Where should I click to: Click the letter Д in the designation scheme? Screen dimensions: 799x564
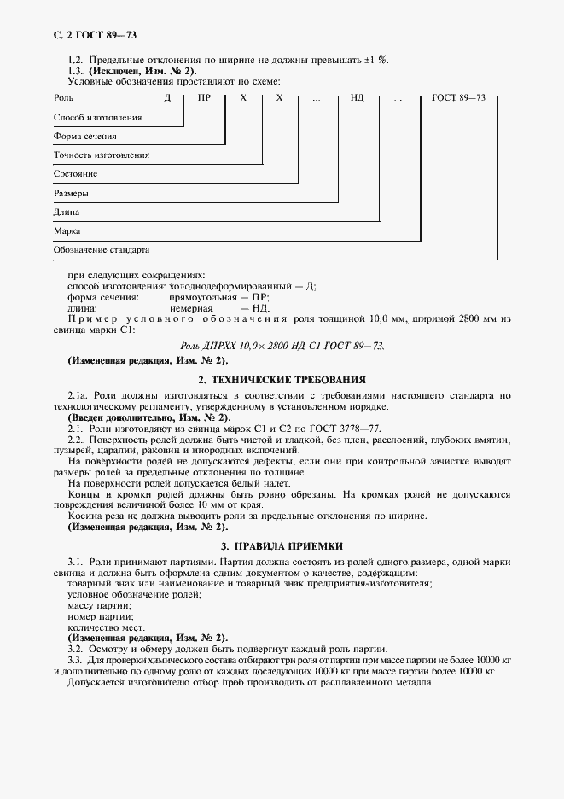coord(169,98)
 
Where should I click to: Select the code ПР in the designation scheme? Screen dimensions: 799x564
coord(204,98)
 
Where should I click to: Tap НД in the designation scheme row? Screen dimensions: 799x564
coord(357,98)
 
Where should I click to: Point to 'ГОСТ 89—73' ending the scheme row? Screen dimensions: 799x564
coord(459,98)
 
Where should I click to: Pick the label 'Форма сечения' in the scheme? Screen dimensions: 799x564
coord(84,137)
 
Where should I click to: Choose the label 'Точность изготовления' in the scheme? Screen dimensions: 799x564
coord(101,155)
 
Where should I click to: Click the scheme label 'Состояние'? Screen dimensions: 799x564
coord(75,174)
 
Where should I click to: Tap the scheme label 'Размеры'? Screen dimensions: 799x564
coord(72,194)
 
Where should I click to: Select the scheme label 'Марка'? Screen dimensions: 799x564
coord(67,231)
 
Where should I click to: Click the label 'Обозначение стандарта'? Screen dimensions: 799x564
coord(101,251)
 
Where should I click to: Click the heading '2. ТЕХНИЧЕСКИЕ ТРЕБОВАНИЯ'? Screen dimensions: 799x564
coord(282,379)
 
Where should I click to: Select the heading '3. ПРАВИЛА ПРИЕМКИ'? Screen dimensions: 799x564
coord(282,545)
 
